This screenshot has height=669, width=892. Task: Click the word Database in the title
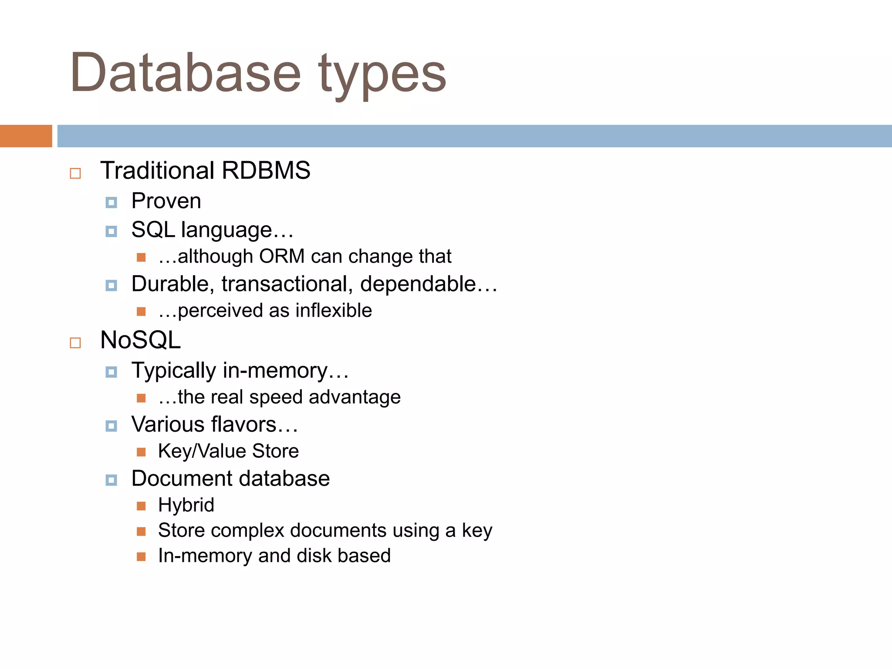click(x=185, y=72)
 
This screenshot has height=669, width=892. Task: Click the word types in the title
click(x=382, y=75)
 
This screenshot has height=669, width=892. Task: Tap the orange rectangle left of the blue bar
click(x=26, y=136)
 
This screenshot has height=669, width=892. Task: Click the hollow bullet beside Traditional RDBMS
click(x=75, y=173)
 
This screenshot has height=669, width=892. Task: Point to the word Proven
click(x=166, y=201)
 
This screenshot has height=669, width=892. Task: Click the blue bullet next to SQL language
click(x=111, y=231)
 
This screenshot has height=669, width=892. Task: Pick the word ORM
click(x=281, y=256)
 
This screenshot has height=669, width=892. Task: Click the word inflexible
click(x=334, y=311)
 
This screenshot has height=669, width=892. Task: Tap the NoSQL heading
click(x=140, y=340)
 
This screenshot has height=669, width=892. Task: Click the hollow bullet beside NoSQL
click(x=75, y=343)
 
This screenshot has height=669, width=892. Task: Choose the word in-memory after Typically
click(x=275, y=371)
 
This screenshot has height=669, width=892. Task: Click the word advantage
click(x=355, y=397)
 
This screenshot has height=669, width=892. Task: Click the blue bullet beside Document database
click(x=111, y=480)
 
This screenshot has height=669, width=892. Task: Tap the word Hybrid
click(x=186, y=505)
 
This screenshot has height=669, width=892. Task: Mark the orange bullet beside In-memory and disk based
click(x=141, y=557)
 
